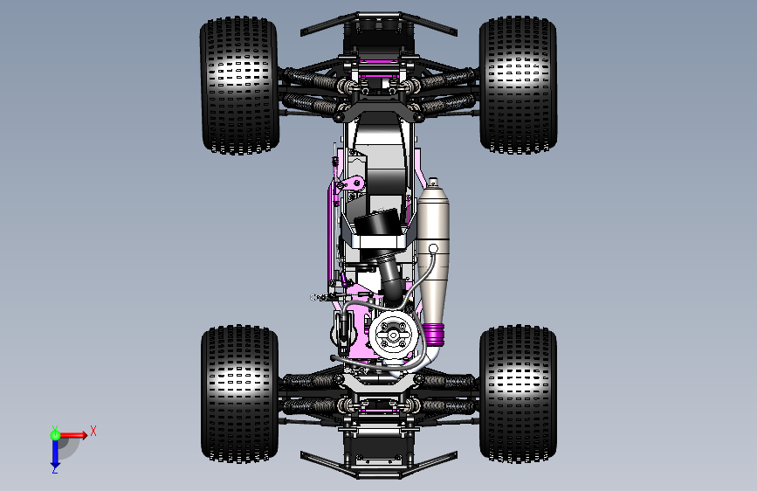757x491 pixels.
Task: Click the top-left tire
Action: (239, 86)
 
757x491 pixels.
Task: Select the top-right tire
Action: (518, 85)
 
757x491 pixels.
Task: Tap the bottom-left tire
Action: (239, 394)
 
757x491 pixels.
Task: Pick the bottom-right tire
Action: (518, 394)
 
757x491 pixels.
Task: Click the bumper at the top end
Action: (379, 22)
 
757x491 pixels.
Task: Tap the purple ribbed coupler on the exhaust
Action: (434, 334)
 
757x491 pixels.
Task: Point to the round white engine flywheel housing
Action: (394, 335)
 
